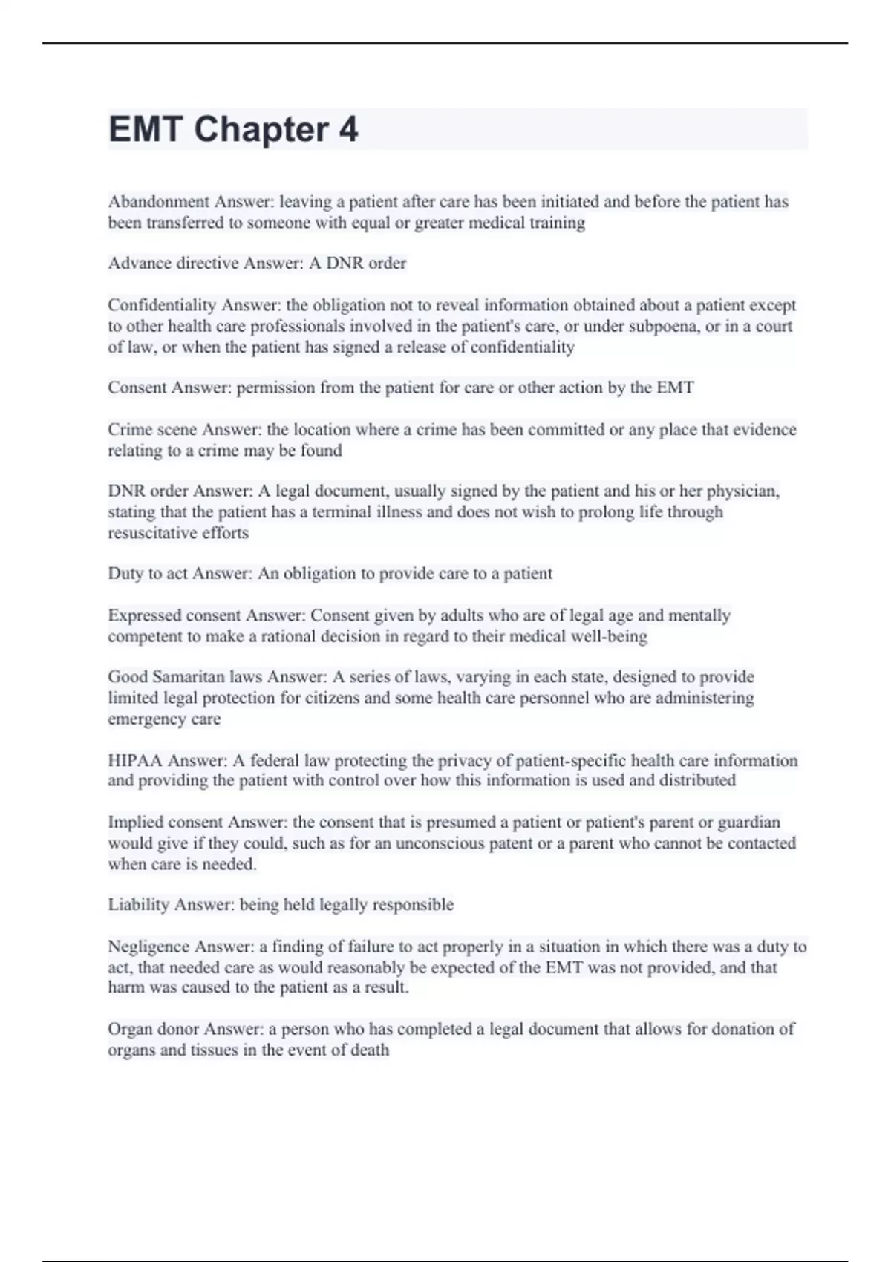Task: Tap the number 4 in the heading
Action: coord(349,130)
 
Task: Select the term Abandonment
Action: coord(159,202)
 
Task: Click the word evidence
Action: coord(764,430)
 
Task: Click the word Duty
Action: coord(125,574)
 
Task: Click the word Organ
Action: coord(130,1029)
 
